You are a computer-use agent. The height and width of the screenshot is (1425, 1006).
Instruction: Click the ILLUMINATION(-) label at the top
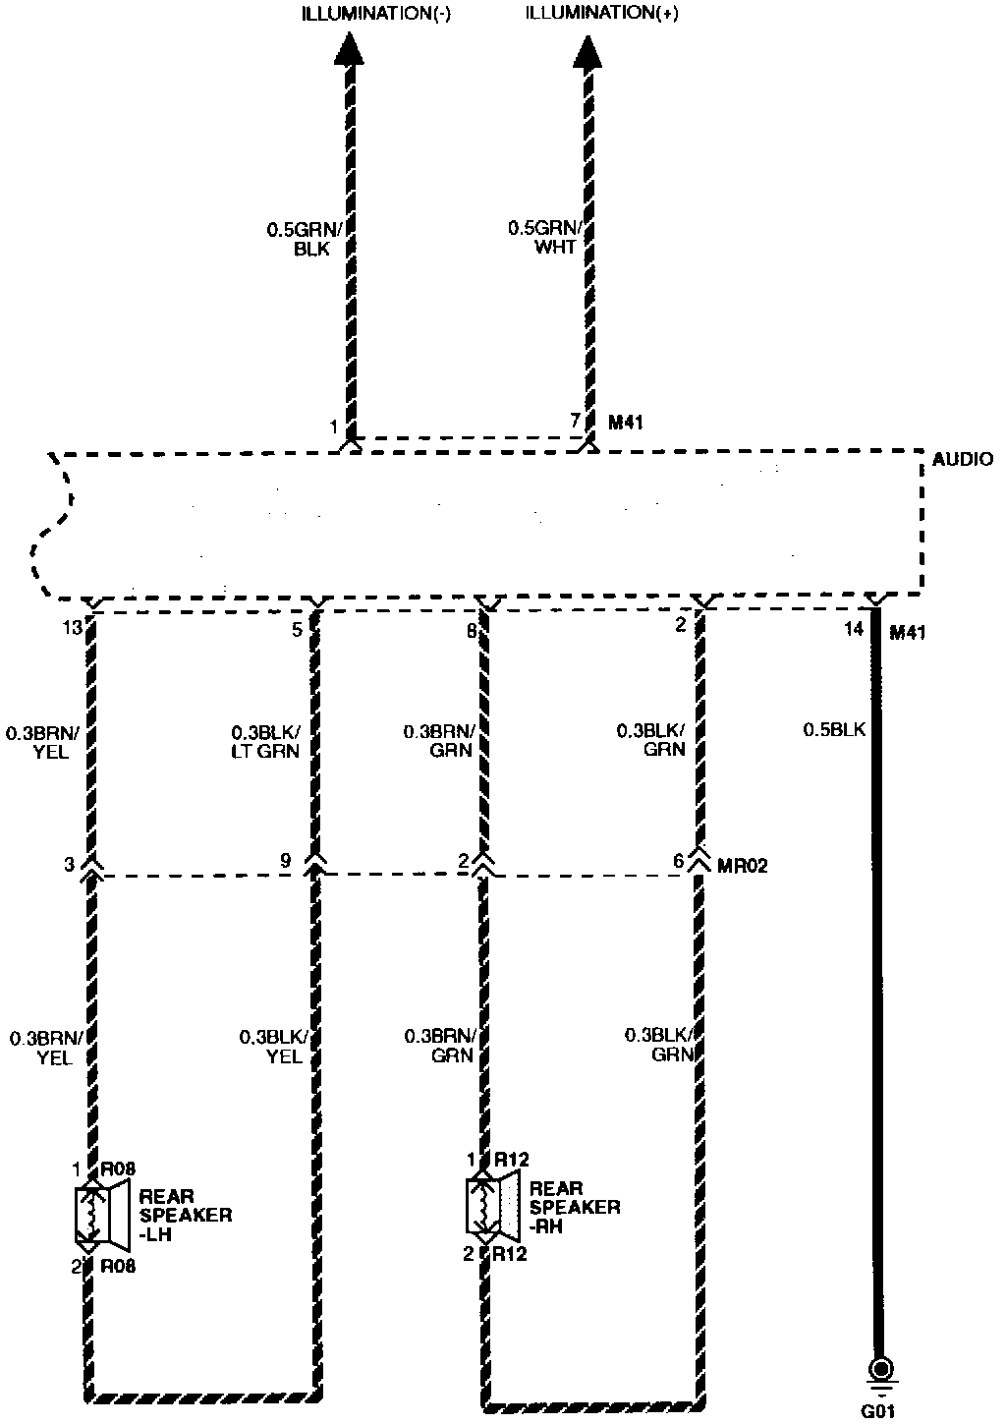(x=375, y=14)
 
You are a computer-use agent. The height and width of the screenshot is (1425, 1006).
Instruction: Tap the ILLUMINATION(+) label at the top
(x=601, y=14)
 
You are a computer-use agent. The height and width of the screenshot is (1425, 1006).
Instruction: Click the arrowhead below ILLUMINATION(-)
(x=348, y=50)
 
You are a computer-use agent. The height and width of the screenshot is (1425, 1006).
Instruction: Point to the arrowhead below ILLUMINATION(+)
(x=587, y=50)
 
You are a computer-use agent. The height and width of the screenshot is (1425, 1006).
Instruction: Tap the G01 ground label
(x=878, y=1412)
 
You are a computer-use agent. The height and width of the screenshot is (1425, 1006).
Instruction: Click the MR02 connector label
(x=742, y=866)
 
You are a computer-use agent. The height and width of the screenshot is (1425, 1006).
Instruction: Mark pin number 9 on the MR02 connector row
(x=285, y=862)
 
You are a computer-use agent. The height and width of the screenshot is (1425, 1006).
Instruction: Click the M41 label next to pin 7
(x=627, y=423)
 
